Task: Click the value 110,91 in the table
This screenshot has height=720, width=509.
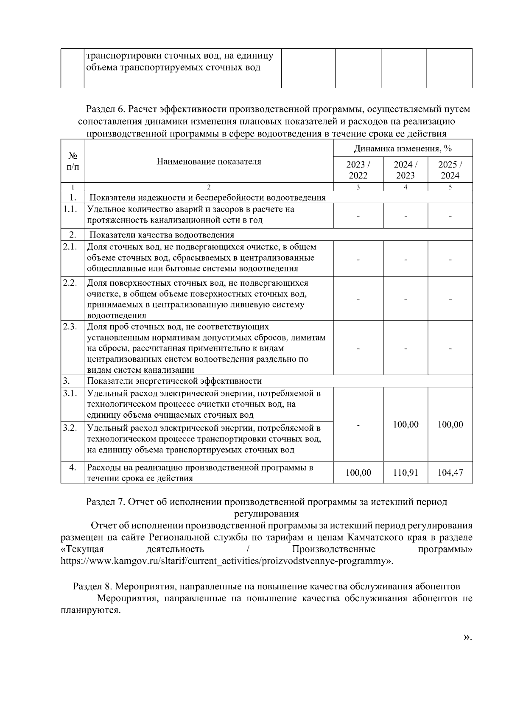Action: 405,472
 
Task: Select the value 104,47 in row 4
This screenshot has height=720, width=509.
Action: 450,472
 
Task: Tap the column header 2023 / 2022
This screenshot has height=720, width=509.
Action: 358,170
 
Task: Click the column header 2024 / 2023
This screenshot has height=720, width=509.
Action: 405,170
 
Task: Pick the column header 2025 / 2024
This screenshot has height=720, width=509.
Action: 450,170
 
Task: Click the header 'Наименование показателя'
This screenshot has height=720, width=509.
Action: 209,162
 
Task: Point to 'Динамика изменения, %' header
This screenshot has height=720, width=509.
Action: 403,149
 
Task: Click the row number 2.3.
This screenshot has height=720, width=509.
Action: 70,326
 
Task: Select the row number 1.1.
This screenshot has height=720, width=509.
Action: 70,209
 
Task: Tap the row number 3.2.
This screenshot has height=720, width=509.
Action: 70,427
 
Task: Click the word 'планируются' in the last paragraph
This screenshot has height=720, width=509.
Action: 89,611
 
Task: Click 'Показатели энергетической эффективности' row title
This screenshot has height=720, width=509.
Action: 174,381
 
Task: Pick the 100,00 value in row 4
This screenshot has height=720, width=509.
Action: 358,472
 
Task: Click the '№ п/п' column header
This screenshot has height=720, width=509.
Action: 73,162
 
